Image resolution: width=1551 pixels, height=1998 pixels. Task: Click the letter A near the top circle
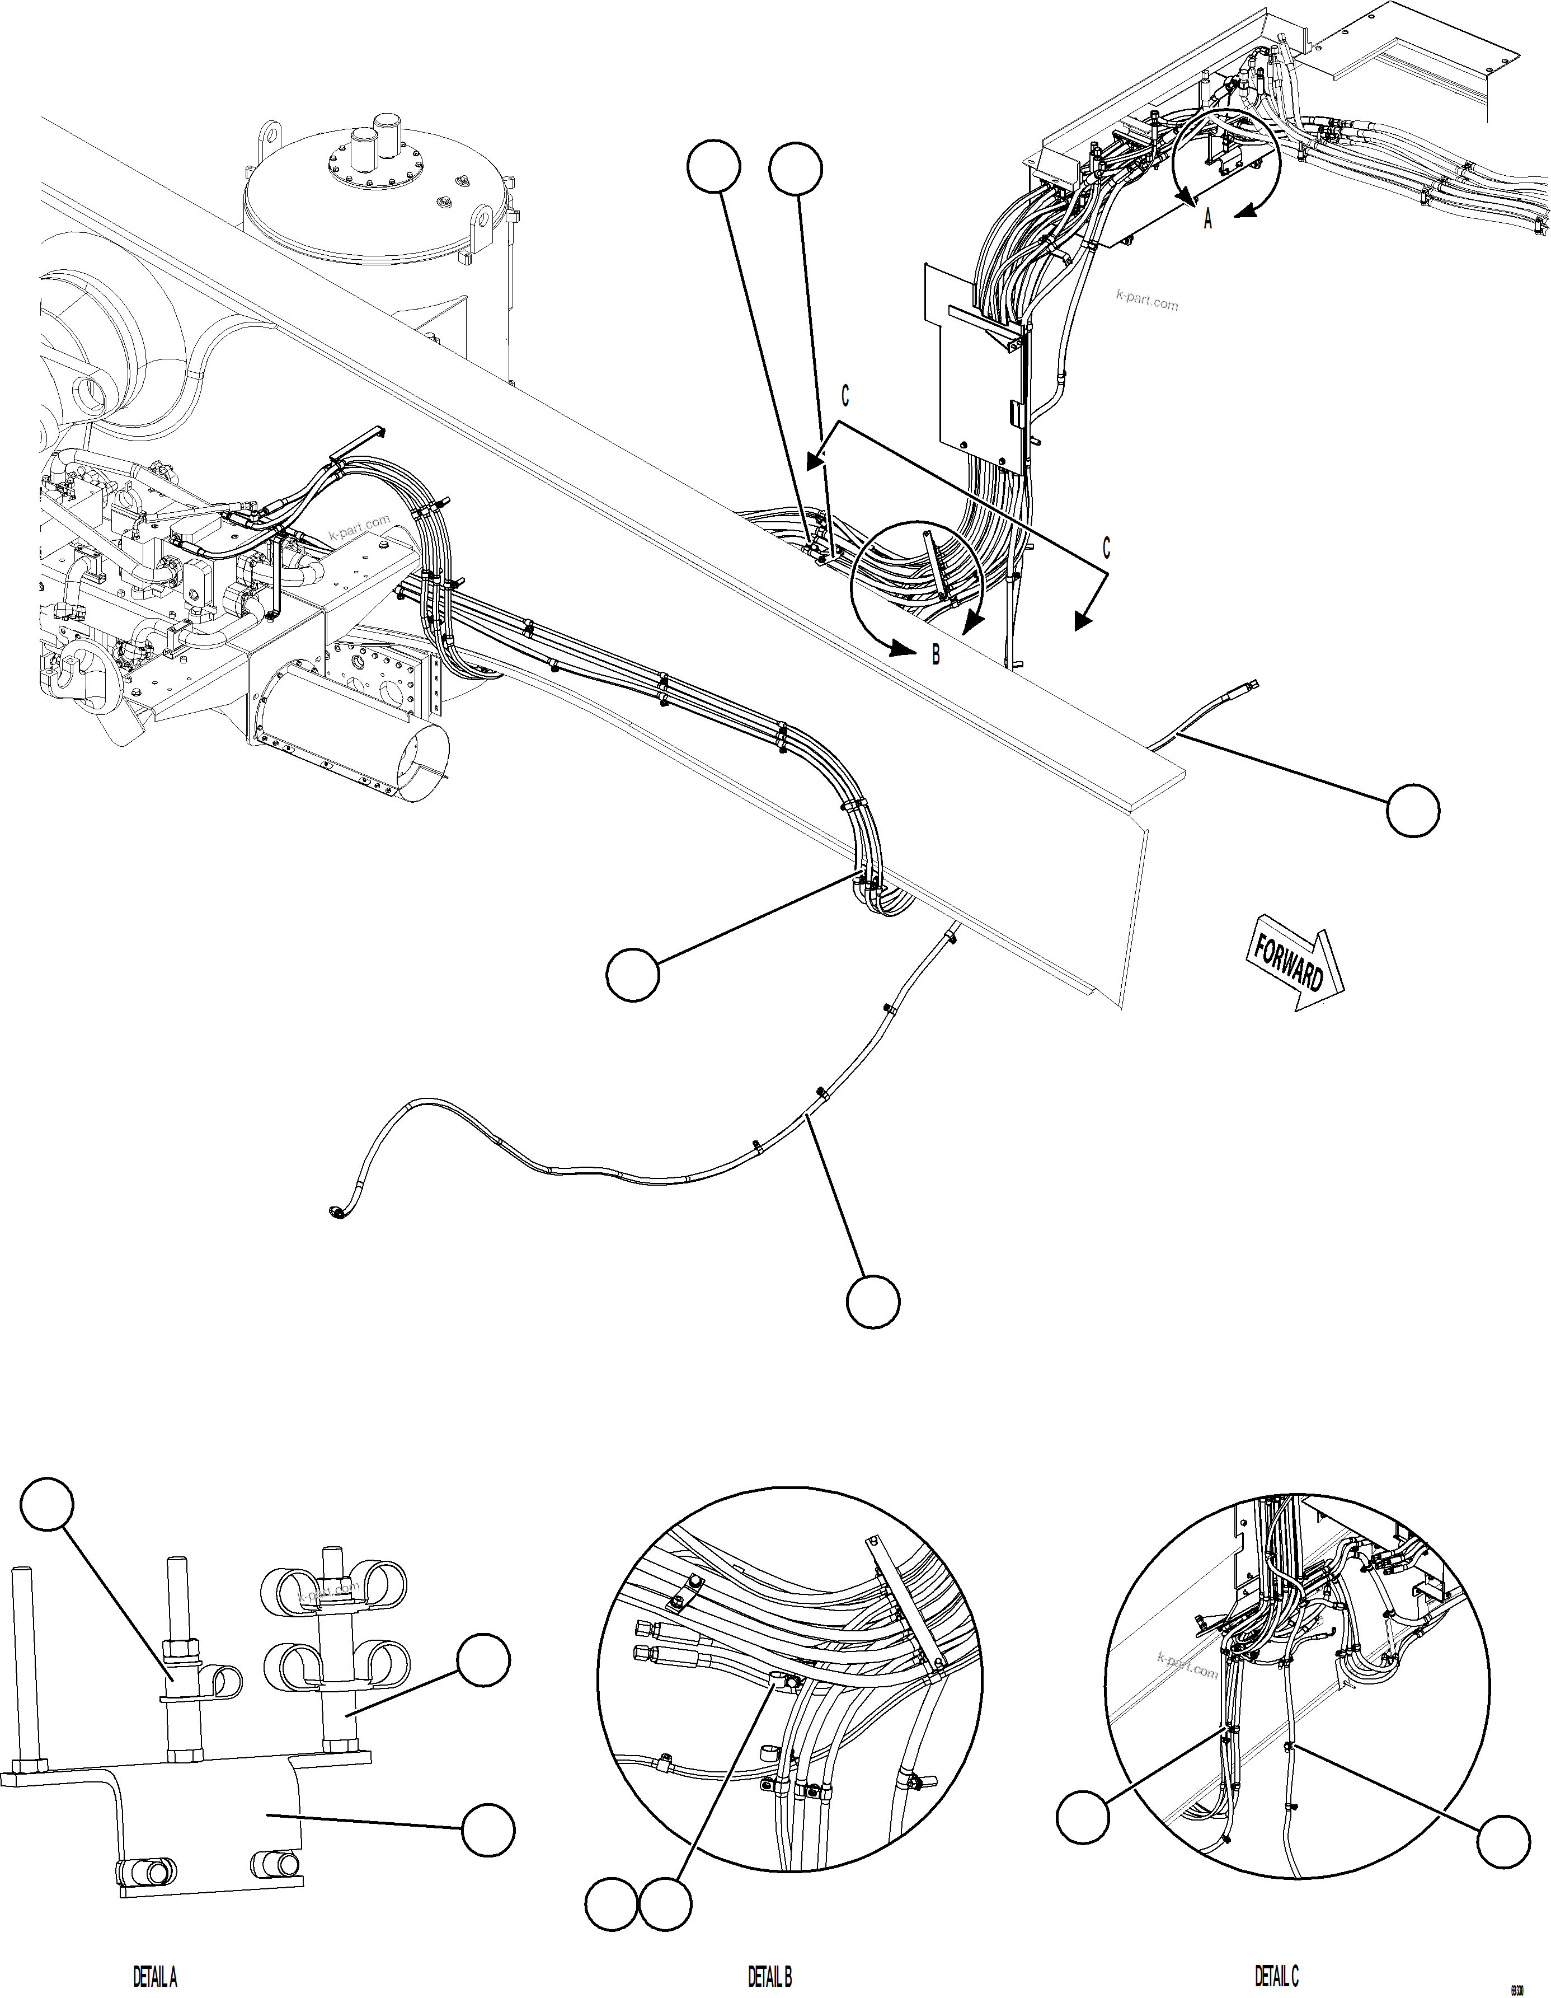(1207, 219)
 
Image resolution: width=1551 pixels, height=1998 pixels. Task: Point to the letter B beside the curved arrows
(936, 655)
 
